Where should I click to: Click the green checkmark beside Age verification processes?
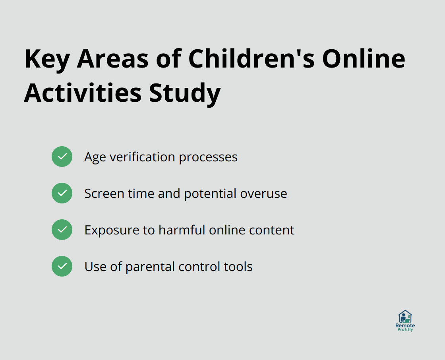(62, 157)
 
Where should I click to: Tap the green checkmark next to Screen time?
(62, 193)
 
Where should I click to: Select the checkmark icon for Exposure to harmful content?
(62, 230)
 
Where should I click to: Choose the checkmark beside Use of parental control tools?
(62, 266)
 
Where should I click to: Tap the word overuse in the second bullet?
(263, 194)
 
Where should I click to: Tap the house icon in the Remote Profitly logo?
(405, 317)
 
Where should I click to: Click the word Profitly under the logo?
(405, 330)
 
